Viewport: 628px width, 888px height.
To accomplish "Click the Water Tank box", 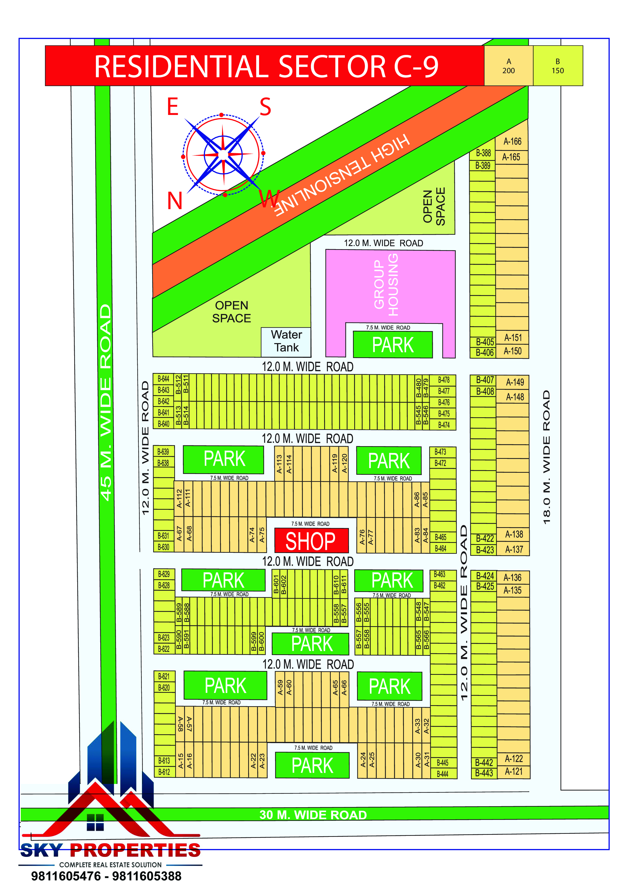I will click(x=286, y=341).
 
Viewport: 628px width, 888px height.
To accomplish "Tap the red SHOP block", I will click(x=311, y=541).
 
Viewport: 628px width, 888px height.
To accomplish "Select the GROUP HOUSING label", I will click(x=386, y=285).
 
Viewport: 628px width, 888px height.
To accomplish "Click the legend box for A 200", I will click(x=508, y=66).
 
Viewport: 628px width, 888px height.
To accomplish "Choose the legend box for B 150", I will click(x=557, y=66).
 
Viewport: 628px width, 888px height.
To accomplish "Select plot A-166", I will click(x=512, y=142).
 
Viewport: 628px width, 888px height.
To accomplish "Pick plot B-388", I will click(x=483, y=153).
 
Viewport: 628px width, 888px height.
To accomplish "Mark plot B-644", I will click(x=163, y=379).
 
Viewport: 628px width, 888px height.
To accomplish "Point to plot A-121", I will click(x=514, y=772).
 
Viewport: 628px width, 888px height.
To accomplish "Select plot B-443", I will click(x=484, y=773).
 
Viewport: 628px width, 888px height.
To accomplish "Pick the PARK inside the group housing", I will click(x=392, y=345).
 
